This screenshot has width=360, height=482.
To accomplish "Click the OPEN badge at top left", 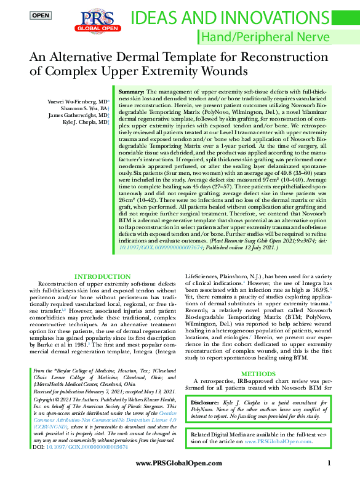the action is click(41, 15).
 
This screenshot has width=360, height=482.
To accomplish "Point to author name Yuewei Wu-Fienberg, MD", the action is click(78, 100).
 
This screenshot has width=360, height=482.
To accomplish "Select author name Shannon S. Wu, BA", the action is click(84, 108).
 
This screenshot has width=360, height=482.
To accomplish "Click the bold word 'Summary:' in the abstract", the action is click(130, 91).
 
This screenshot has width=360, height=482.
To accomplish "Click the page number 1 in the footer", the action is click(329, 464).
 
